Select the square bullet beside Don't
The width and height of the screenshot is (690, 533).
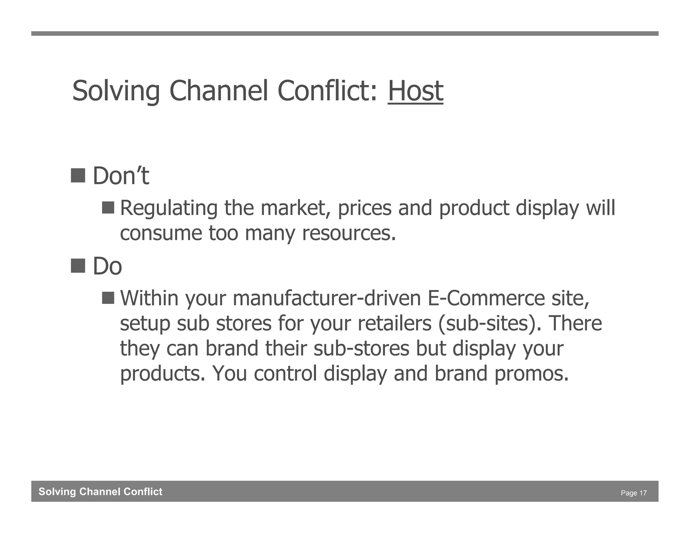click(78, 176)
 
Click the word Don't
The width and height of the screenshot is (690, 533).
click(121, 176)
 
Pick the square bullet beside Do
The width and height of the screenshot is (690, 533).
click(78, 265)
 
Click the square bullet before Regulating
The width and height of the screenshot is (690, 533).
click(108, 207)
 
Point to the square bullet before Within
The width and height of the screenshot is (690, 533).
click(108, 297)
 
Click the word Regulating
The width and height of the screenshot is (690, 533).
click(168, 208)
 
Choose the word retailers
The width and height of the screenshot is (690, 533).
click(394, 323)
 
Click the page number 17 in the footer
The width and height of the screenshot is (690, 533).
click(643, 493)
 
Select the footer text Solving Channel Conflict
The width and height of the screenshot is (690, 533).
click(100, 492)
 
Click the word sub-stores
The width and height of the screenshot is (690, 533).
click(361, 349)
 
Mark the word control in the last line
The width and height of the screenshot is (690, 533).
click(285, 374)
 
